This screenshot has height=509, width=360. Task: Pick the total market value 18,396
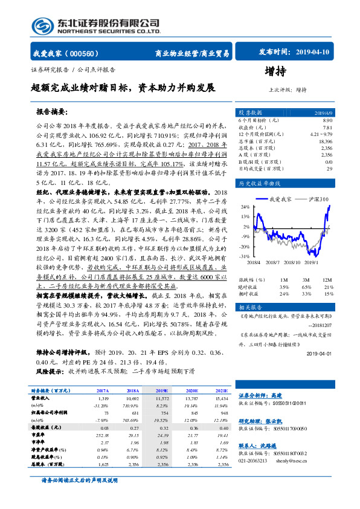click(324, 140)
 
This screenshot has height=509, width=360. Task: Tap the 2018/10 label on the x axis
click(292, 261)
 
